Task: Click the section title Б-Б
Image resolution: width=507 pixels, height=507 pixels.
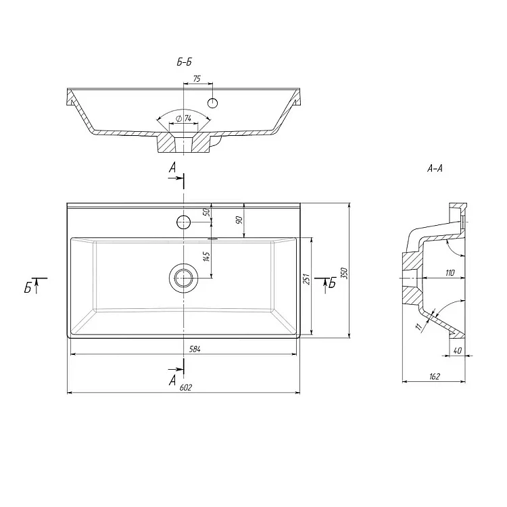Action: pyautogui.click(x=185, y=62)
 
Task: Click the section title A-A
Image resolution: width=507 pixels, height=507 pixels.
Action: pyautogui.click(x=435, y=168)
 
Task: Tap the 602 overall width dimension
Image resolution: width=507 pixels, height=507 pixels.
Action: pyautogui.click(x=186, y=387)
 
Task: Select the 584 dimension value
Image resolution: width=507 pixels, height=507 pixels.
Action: pyautogui.click(x=195, y=349)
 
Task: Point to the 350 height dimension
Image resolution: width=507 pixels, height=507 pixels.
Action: pyautogui.click(x=344, y=273)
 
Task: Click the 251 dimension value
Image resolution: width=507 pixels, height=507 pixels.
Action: pyautogui.click(x=306, y=279)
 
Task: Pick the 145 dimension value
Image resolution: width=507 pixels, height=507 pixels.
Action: pyautogui.click(x=207, y=256)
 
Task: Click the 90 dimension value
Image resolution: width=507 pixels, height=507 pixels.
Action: pyautogui.click(x=239, y=220)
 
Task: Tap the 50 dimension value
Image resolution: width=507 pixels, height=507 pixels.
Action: pyautogui.click(x=207, y=212)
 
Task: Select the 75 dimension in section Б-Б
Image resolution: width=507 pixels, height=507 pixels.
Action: pyautogui.click(x=197, y=78)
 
